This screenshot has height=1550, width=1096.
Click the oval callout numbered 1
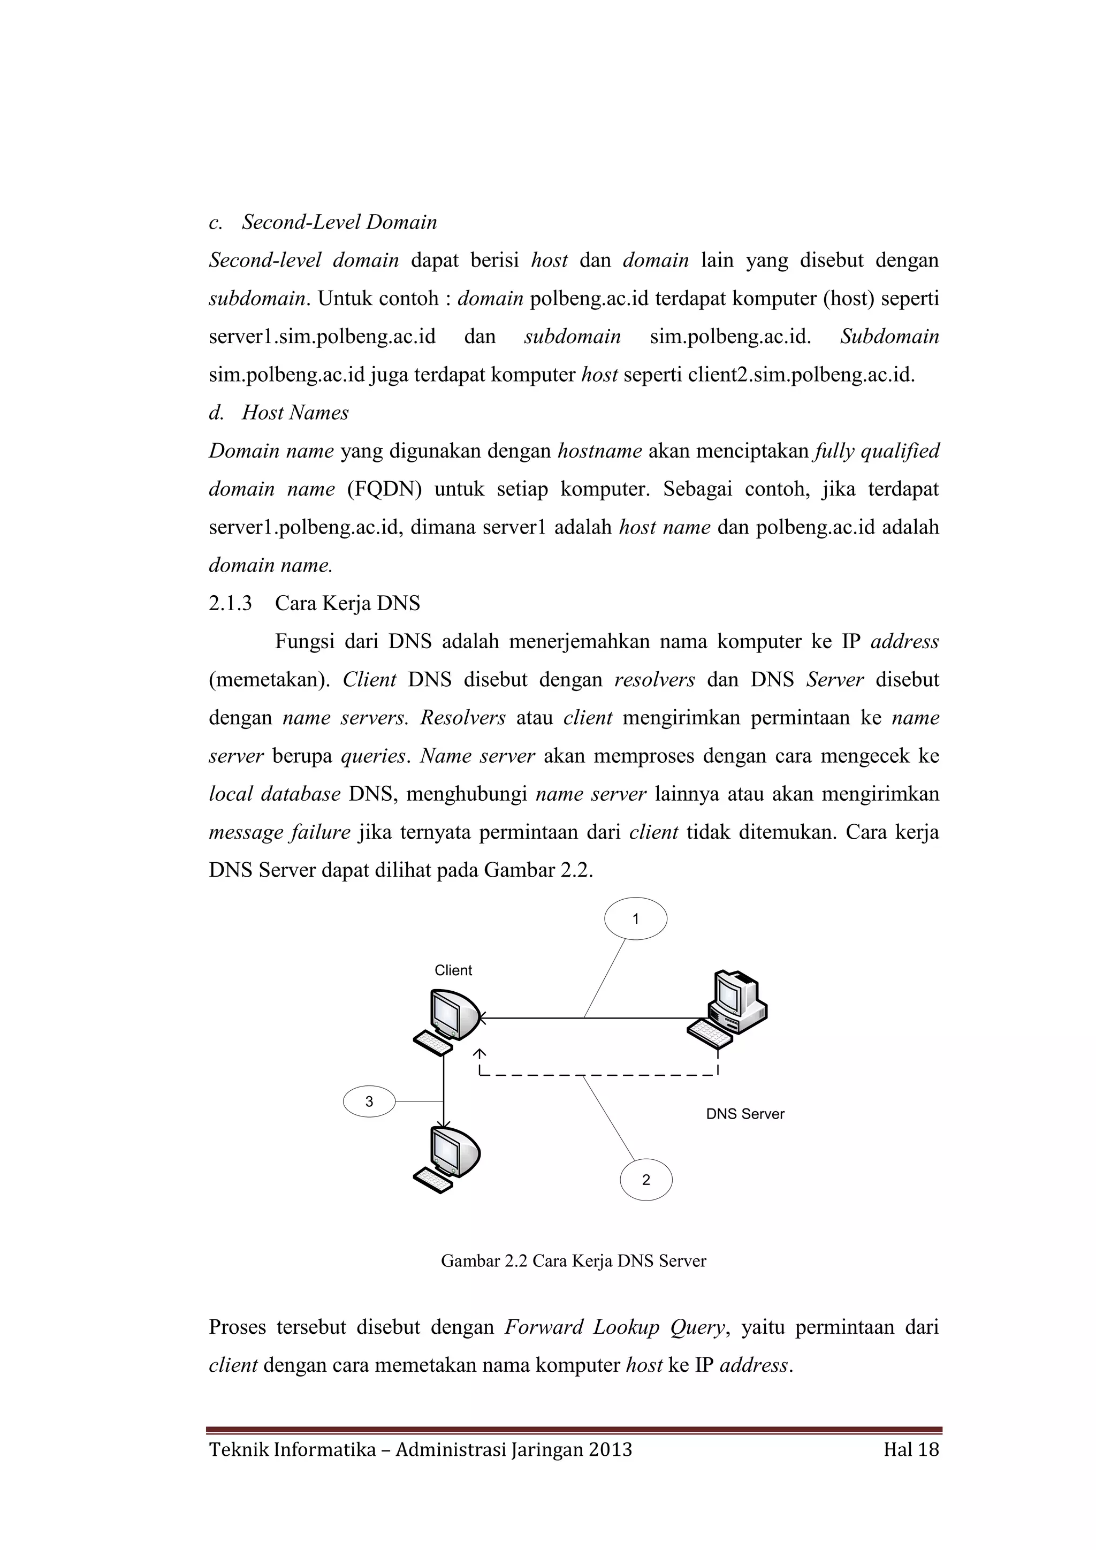(x=635, y=919)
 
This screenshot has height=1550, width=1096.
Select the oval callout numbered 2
(x=646, y=1180)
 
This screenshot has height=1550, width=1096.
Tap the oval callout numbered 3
(x=369, y=1101)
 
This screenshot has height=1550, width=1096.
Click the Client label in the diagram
(x=453, y=970)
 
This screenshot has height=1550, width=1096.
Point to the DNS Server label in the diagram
(x=745, y=1114)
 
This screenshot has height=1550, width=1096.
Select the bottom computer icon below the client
(x=446, y=1160)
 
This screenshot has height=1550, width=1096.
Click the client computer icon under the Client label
(x=446, y=1021)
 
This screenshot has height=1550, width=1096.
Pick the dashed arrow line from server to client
(x=598, y=1074)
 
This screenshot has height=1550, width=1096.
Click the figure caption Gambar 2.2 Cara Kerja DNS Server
(x=573, y=1261)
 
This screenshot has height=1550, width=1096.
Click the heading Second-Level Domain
(x=339, y=222)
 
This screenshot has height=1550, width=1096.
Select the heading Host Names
(x=295, y=413)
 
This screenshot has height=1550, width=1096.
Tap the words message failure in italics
(x=279, y=832)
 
